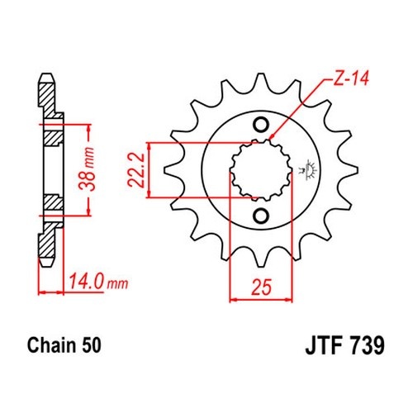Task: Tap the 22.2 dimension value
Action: tap(135, 170)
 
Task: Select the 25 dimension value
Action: tap(261, 287)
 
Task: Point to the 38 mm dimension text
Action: tap(86, 169)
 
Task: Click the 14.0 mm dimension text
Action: tap(98, 282)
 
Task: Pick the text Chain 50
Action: tap(64, 345)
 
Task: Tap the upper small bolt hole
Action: tap(260, 126)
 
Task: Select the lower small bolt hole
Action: tap(260, 216)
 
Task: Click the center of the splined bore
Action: tap(261, 171)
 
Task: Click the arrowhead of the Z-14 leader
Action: tap(271, 137)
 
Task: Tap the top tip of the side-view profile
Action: tap(46, 74)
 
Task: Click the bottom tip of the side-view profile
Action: tap(46, 266)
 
